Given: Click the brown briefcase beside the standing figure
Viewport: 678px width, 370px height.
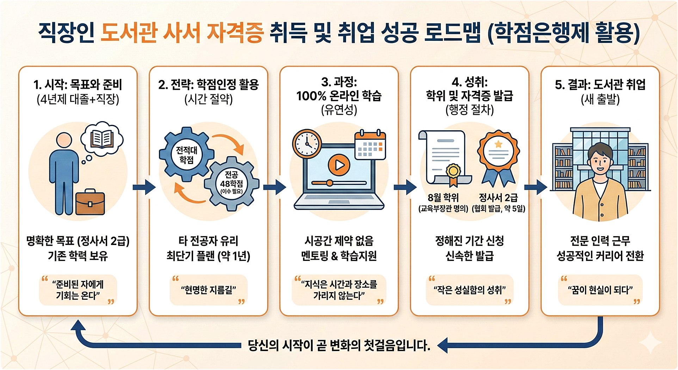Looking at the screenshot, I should (90, 202).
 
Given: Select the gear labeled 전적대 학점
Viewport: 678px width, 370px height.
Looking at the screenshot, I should (186, 155).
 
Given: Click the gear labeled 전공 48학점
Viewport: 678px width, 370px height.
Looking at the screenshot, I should (232, 183).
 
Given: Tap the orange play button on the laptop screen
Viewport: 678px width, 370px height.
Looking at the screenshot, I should (339, 165).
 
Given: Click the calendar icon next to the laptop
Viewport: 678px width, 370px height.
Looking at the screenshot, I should (370, 145).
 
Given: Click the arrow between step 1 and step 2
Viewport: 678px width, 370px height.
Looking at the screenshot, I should (144, 187).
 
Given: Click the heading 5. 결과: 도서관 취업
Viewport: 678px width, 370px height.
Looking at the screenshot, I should (600, 84).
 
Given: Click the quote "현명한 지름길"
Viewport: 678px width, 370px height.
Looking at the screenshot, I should (208, 290).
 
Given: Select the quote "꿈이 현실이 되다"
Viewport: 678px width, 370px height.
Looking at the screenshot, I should (600, 290).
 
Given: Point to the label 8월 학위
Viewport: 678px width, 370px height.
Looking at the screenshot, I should (443, 197).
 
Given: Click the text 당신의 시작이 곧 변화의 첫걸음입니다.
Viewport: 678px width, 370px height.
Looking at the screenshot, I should (339, 345).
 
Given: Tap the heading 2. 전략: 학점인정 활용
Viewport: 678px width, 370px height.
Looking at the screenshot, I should (208, 84).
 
